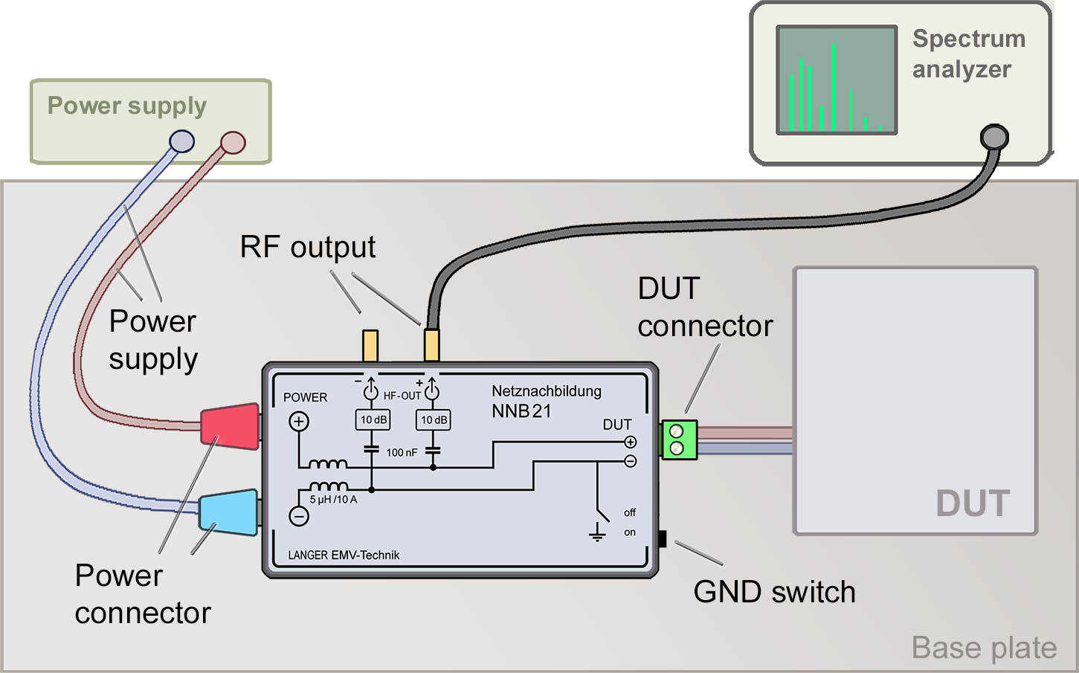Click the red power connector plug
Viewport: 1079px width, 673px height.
[230, 426]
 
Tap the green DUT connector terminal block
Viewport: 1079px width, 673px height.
[679, 439]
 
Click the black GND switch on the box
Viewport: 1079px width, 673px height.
[662, 538]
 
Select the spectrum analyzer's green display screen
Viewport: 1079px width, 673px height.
[837, 80]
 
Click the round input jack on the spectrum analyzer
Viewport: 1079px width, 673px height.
[994, 137]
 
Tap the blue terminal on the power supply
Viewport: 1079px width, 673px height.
[182, 141]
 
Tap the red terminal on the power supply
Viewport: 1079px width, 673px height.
[233, 142]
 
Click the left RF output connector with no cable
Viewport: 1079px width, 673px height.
[370, 346]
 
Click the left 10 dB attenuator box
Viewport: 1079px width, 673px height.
[373, 420]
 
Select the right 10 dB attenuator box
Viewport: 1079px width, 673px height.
[434, 420]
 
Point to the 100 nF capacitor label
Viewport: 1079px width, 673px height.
[402, 452]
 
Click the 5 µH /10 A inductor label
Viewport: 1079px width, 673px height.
[333, 500]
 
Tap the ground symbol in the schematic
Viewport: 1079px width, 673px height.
[597, 532]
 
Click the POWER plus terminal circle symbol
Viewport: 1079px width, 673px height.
[299, 422]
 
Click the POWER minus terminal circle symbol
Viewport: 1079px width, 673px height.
[299, 516]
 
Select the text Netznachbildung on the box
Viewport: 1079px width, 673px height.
[547, 391]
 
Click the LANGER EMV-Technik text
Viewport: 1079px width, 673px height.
[344, 555]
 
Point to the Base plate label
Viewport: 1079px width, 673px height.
[984, 648]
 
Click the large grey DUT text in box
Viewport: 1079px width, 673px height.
[973, 503]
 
